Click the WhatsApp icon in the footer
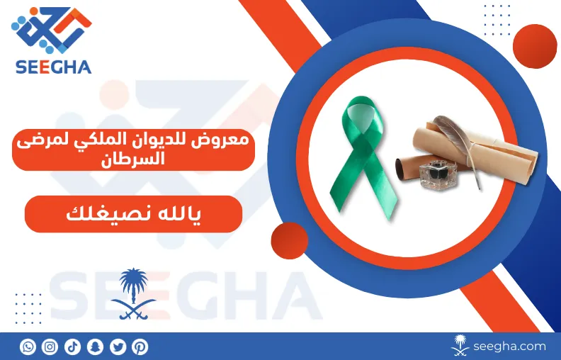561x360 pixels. [28, 347]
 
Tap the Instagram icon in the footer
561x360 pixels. [50, 347]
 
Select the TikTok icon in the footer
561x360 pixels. [72, 347]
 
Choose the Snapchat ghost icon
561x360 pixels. [95, 347]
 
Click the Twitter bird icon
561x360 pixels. [118, 347]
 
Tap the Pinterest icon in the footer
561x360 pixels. [140, 347]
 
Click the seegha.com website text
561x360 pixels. [509, 347]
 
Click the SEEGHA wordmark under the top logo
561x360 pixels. [53, 67]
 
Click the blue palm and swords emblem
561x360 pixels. [133, 293]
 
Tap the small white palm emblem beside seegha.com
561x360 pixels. [460, 345]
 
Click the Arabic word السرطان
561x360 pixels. [133, 159]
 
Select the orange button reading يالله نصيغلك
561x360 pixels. [133, 214]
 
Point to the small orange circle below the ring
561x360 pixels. [290, 240]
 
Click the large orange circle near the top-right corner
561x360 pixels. [535, 46]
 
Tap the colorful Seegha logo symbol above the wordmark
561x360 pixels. [52, 30]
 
